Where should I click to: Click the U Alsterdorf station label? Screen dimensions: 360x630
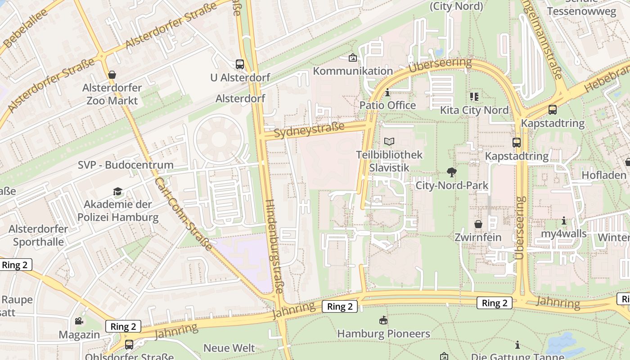coord(240,77)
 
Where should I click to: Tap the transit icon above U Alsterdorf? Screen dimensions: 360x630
coord(240,64)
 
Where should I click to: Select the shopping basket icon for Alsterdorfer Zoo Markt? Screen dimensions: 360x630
coord(112,75)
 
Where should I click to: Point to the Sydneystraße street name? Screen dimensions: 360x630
coord(309,130)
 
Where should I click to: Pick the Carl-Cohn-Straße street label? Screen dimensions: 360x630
coord(183,213)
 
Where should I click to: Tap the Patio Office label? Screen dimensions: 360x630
coord(387,105)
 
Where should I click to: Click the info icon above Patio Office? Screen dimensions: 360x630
coord(387,93)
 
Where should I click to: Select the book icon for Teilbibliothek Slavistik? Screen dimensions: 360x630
coord(389,142)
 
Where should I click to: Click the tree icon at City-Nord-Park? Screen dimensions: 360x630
coord(452,172)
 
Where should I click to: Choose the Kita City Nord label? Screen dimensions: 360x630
coord(474,110)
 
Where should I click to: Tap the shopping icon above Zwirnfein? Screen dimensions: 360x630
coord(478,224)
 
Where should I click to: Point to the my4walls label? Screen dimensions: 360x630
coord(564,234)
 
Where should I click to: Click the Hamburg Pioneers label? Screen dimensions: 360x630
coord(383,333)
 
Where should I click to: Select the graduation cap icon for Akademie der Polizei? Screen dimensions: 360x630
coord(118,192)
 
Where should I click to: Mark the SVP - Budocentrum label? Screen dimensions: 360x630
coord(126,165)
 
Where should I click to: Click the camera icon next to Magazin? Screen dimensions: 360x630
coord(79,321)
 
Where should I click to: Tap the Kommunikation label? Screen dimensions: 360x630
coord(353,71)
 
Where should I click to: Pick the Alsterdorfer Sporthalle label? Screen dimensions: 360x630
coord(38,235)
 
